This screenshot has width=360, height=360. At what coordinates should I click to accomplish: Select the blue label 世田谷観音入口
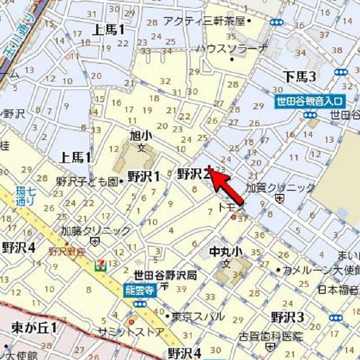pos(309,102)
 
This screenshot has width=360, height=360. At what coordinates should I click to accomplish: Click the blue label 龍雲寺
pos(138,290)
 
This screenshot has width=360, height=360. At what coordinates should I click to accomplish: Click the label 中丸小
pos(226,251)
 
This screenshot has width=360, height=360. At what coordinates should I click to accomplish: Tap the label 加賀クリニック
pos(281,188)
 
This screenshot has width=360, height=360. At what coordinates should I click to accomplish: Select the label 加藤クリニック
pos(96,231)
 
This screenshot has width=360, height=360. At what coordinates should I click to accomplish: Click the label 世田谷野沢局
pos(165,274)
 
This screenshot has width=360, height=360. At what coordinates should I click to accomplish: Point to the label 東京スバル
pos(198,316)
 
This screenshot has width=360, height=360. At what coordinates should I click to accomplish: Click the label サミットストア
pos(132,332)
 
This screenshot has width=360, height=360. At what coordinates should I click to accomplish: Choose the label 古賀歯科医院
pos(271,336)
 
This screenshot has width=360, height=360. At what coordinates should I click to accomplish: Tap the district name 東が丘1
pos(34,327)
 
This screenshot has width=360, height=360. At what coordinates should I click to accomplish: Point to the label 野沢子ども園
pos(88,182)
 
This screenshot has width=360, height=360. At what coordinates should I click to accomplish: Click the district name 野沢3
pos(287,316)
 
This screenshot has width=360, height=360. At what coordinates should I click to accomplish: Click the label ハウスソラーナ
pos(231,48)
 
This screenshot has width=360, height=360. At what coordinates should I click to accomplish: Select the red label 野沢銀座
pos(66,251)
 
